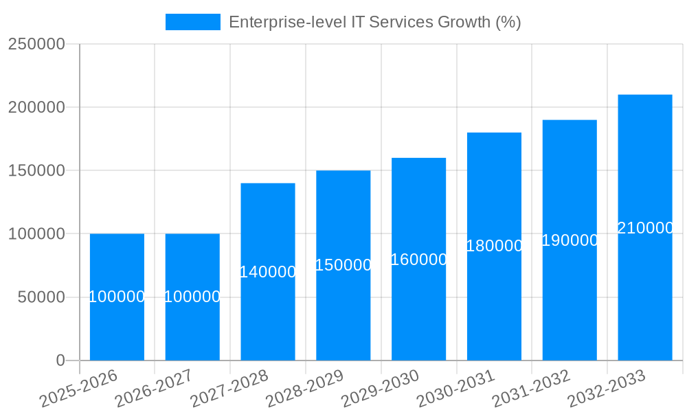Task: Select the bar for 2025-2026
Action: point(117,330)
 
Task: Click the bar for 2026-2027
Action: point(192,330)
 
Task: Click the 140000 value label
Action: point(268,272)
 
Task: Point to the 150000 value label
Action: point(343,265)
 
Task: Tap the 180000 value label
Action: point(494,246)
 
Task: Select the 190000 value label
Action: point(570,240)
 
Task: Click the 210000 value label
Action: point(644,228)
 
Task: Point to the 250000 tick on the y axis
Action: point(36,44)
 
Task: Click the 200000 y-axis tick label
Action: point(36,107)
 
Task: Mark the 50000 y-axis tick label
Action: point(41,297)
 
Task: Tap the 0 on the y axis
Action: point(60,360)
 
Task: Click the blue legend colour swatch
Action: point(193,22)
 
